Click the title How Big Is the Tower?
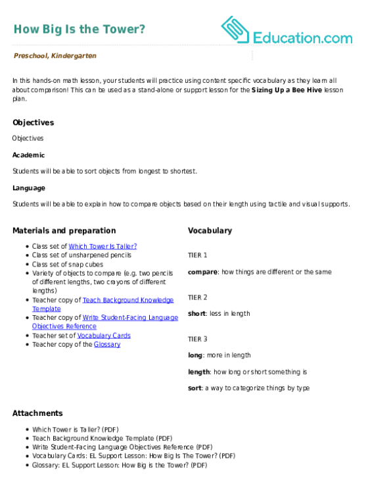80,30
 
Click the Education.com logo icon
235,30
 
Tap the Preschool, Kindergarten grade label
55,56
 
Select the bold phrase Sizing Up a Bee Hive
286,90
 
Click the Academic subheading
28,155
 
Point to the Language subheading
29,188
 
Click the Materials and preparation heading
64,231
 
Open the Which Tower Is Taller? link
103,246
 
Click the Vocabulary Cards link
104,336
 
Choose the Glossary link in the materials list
107,345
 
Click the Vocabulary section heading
210,231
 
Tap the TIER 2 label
198,297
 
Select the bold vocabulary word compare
203,272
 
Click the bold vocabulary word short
197,313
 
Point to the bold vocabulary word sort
194,388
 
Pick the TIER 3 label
198,339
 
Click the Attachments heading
37,413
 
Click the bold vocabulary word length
199,372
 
